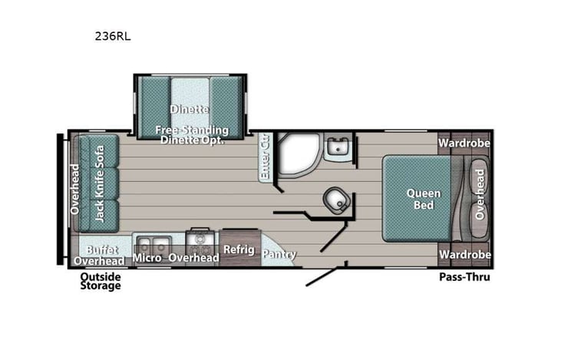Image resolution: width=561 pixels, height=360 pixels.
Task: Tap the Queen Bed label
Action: point(423,199)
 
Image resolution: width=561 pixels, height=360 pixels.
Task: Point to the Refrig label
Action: point(238,249)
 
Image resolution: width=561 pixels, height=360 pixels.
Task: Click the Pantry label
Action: point(279,255)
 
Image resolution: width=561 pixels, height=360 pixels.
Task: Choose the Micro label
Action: point(147,258)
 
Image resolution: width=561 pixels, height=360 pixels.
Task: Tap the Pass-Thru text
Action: point(464,277)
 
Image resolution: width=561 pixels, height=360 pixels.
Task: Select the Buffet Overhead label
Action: point(101,256)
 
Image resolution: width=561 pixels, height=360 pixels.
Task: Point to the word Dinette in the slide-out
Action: point(190,109)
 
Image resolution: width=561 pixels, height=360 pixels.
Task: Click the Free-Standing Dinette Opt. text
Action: point(190,134)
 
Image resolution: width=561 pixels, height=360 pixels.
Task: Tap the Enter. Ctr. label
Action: point(266,157)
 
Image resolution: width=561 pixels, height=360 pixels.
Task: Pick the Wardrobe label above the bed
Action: point(464,143)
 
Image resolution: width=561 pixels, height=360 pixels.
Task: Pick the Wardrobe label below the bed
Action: point(464,255)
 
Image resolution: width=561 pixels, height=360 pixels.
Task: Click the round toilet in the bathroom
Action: point(335,200)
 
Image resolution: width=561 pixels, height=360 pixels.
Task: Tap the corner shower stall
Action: point(295,154)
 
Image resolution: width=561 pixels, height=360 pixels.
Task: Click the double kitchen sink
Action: point(151,243)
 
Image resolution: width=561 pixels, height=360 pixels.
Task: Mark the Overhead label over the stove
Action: point(194,258)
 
